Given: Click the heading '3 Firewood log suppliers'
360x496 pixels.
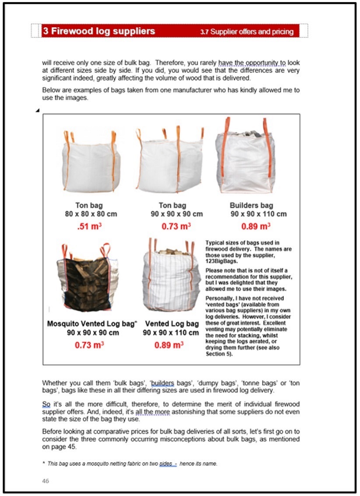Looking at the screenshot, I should (x=99, y=31).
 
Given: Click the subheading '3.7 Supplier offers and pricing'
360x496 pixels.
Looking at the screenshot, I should (x=247, y=32).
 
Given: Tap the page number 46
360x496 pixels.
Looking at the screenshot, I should (x=46, y=481).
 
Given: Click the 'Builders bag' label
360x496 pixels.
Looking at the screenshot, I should (x=251, y=205).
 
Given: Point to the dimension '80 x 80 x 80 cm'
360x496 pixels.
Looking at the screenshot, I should (x=89, y=214).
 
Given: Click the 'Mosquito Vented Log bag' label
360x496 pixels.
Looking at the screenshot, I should (x=92, y=324).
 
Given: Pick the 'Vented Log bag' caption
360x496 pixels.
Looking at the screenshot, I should (x=172, y=324).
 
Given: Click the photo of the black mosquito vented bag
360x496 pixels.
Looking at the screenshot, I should (x=88, y=278).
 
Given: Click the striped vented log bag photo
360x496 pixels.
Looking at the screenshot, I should (x=171, y=274).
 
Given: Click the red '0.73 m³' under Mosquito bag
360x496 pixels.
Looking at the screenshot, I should (x=89, y=345).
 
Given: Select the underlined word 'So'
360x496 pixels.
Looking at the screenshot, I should (x=46, y=404).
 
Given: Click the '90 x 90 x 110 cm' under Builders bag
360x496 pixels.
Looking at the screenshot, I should (x=258, y=214).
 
